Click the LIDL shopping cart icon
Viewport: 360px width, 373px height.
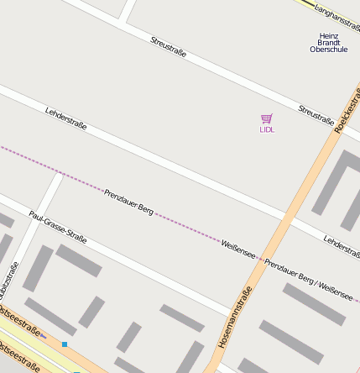(267, 119)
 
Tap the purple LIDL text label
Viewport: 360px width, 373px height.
(267, 130)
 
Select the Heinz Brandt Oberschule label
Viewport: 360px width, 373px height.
(328, 42)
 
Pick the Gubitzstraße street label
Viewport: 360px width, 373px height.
(8, 281)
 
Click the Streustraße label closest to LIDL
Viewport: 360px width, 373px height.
(316, 113)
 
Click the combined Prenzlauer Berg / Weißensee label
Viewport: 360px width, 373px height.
(309, 276)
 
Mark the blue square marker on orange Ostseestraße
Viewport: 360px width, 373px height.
(65, 344)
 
